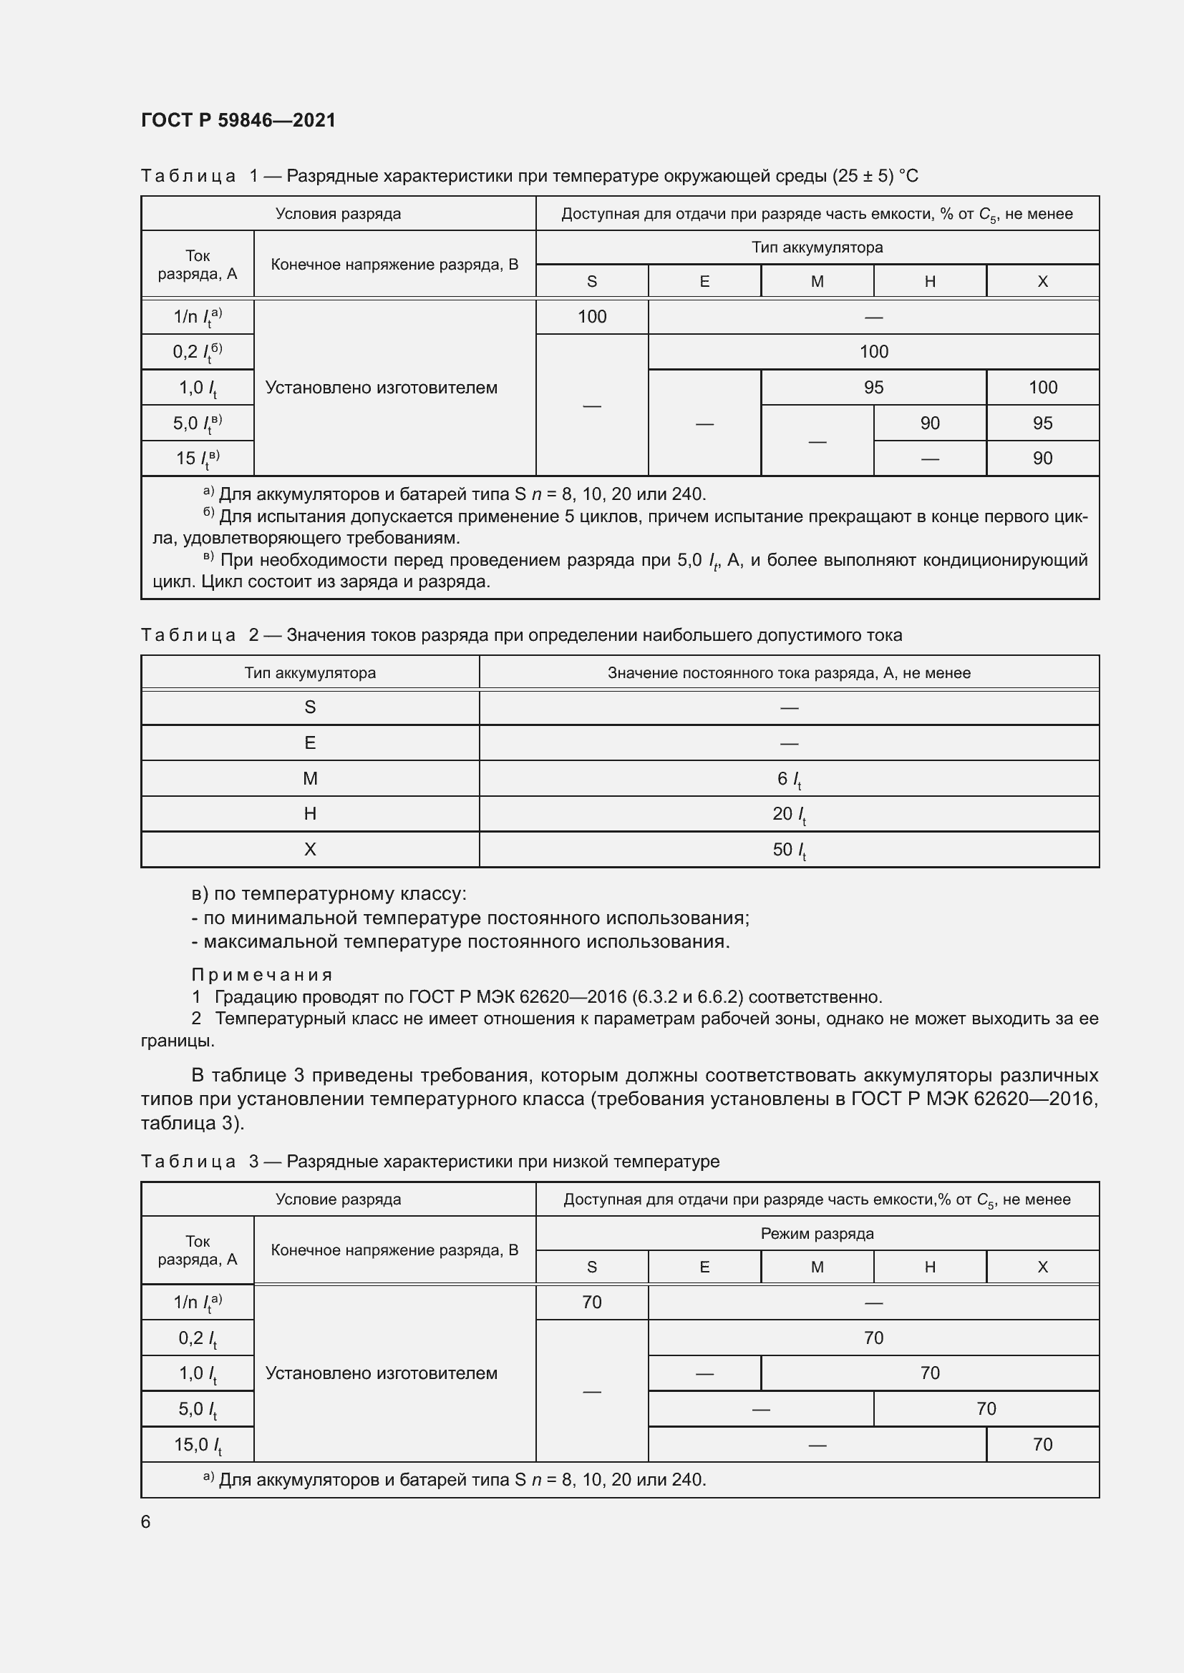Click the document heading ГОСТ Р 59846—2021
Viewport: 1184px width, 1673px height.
[238, 120]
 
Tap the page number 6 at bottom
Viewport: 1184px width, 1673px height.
[146, 1521]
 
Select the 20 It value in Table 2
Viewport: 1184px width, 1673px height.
[789, 814]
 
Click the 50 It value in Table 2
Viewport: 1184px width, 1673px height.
[789, 850]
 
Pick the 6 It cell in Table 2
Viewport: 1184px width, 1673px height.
[789, 779]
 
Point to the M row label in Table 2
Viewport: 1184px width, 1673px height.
[310, 779]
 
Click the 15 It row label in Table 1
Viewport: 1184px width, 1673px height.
[198, 458]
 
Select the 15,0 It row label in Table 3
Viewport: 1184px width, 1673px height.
[198, 1445]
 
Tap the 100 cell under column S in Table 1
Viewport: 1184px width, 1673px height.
[591, 317]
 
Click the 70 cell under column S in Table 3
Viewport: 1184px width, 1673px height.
[591, 1302]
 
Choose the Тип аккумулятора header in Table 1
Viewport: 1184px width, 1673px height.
[817, 247]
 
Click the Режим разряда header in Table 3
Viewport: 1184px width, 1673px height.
[817, 1234]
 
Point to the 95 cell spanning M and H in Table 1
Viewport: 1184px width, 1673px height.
[873, 388]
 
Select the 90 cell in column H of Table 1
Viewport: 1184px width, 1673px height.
[930, 423]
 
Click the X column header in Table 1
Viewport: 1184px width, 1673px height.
[1042, 282]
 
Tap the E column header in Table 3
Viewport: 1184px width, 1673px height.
[704, 1267]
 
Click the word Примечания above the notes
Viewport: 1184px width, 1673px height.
[262, 975]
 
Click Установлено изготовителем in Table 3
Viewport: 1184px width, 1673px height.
[382, 1373]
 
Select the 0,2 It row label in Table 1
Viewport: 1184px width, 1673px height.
[198, 353]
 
